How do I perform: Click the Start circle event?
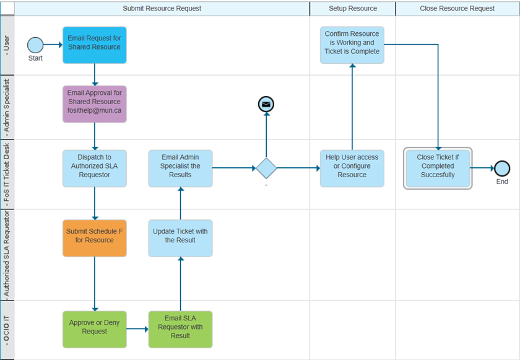[35, 45]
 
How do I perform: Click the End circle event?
[502, 168]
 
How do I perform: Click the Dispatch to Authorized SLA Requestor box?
[94, 168]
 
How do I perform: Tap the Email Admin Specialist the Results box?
[180, 168]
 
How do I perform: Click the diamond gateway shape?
[266, 168]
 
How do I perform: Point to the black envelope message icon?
[266, 105]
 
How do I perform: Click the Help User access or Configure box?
[352, 168]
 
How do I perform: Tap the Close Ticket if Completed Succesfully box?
[438, 168]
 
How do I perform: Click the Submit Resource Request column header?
[162, 9]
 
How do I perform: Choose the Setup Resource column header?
[352, 9]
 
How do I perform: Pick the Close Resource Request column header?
[457, 9]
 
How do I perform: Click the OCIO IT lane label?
[7, 330]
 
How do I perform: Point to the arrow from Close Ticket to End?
[482, 168]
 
